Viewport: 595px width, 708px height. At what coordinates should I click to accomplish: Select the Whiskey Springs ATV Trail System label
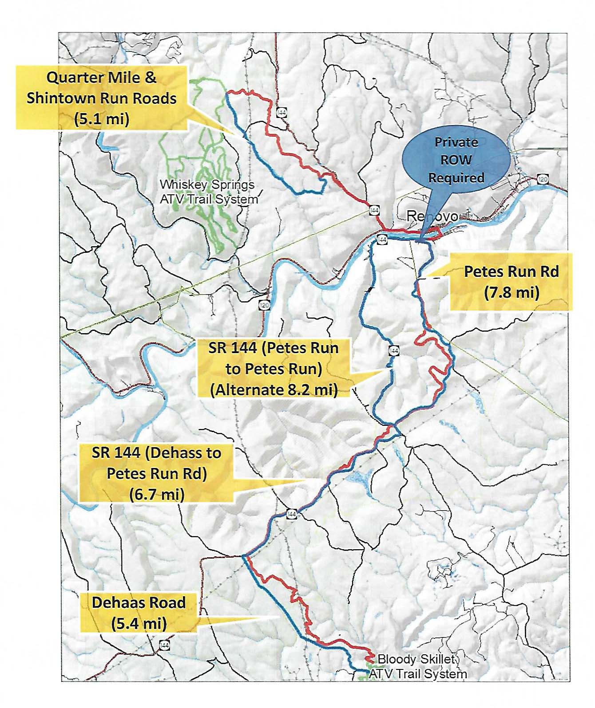click(x=208, y=192)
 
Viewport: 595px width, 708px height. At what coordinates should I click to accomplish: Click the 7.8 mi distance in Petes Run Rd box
click(x=511, y=292)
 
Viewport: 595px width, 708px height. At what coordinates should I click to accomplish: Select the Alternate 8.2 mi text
click(x=274, y=389)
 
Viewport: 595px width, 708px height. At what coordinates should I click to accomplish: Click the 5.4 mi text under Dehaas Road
click(x=139, y=623)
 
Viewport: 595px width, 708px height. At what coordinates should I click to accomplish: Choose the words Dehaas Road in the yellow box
click(x=139, y=602)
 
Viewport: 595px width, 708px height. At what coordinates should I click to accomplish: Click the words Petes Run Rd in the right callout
click(x=511, y=271)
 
